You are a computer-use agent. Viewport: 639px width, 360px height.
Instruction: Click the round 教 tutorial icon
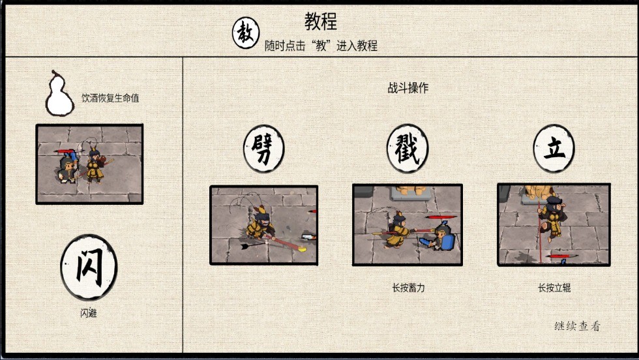(x=246, y=33)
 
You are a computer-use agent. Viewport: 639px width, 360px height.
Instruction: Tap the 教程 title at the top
(x=321, y=22)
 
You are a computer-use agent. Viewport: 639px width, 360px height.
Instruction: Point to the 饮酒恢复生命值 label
(x=110, y=98)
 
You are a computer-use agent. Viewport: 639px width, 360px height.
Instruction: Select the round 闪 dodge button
(x=89, y=267)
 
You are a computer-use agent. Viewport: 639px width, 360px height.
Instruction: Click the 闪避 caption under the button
(x=89, y=313)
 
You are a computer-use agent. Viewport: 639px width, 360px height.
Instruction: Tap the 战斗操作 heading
(x=408, y=87)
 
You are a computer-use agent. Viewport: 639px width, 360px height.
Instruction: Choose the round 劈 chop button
(x=263, y=149)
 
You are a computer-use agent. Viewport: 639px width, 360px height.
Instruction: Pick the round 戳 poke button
(x=407, y=149)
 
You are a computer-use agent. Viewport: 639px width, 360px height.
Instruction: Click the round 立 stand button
(x=554, y=149)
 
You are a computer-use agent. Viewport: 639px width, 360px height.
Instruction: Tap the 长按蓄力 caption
(x=408, y=288)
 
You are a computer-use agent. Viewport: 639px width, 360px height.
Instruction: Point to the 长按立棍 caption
(x=554, y=288)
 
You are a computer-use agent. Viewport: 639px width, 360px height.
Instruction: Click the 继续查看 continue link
(x=577, y=326)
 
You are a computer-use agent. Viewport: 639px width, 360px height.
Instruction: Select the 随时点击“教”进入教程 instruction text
(x=321, y=46)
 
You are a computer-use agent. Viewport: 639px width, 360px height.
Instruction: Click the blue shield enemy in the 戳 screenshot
(x=441, y=235)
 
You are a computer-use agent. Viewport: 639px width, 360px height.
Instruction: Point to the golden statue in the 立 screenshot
(x=538, y=191)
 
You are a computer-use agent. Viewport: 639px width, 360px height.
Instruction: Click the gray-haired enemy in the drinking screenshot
(x=68, y=169)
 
